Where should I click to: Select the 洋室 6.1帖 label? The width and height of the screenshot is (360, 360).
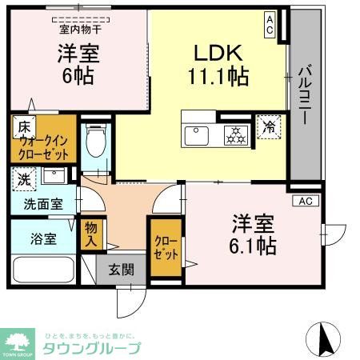point(254,233)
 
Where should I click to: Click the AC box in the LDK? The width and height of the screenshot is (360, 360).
point(270,24)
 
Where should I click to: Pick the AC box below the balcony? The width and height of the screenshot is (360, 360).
point(305,200)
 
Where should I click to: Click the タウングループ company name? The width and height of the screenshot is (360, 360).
point(91,347)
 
